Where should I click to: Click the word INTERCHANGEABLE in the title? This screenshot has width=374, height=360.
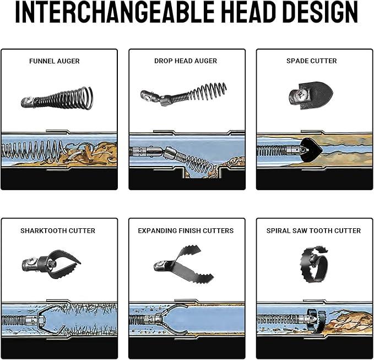pyautogui.click(x=115, y=12)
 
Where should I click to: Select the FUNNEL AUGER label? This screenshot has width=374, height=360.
pyautogui.click(x=55, y=61)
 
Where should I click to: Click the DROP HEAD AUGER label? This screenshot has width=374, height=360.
pyautogui.click(x=186, y=61)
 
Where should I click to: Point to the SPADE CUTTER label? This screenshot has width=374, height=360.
pyautogui.click(x=312, y=61)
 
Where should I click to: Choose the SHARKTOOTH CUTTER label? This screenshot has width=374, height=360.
pyautogui.click(x=58, y=230)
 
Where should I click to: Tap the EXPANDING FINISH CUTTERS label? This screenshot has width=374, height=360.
pyautogui.click(x=186, y=230)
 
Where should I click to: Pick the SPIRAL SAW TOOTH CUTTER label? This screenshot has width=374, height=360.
pyautogui.click(x=313, y=230)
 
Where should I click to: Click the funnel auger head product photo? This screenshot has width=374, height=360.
pyautogui.click(x=57, y=98)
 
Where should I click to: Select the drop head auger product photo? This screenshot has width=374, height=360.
pyautogui.click(x=183, y=94)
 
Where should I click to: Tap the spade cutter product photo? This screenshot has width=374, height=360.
pyautogui.click(x=311, y=95)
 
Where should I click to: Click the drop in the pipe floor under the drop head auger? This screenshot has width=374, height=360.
pyautogui.click(x=202, y=173)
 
